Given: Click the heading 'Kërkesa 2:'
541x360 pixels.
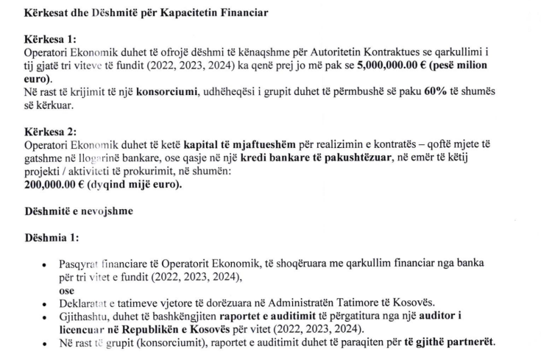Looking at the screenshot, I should pyautogui.click(x=50, y=132).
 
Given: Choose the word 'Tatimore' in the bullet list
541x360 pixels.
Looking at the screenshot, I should pyautogui.click(x=388, y=303).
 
